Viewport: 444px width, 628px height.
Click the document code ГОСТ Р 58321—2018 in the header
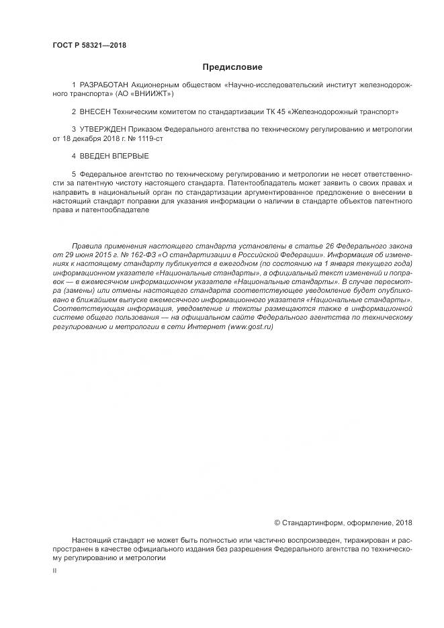tap(89, 46)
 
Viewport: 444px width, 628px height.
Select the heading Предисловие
tap(232, 67)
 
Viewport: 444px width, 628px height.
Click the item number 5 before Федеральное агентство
tap(73, 173)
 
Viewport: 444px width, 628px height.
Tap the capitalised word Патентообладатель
tap(259, 182)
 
